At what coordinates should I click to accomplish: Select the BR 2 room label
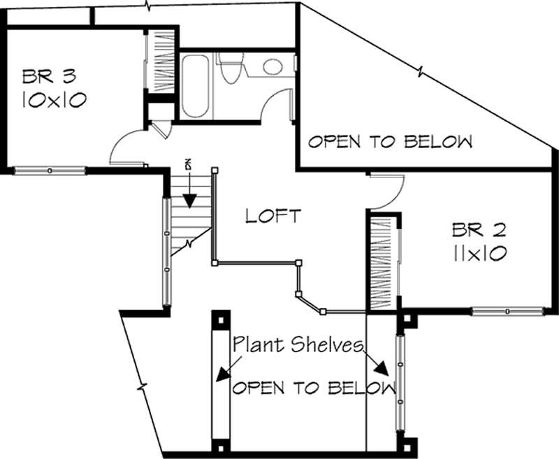coord(479,228)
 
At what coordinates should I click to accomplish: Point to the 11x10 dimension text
coord(479,253)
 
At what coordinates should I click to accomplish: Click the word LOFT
coord(273,216)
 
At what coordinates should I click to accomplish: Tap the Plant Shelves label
coord(298,344)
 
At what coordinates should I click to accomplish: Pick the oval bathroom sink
coord(273,67)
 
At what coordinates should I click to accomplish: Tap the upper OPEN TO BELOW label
coord(390,142)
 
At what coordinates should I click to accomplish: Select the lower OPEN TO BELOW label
coord(312,388)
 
